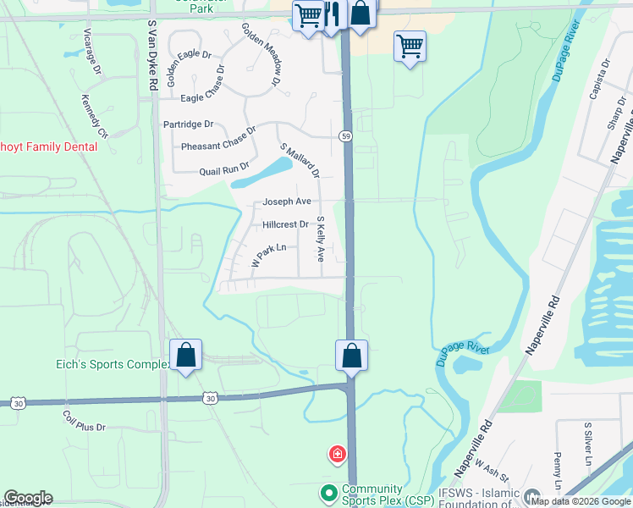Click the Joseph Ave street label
click(x=287, y=202)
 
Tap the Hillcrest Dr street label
click(x=285, y=225)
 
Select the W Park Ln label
click(x=274, y=256)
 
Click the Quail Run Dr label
click(x=224, y=169)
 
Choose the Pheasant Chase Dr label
click(x=218, y=140)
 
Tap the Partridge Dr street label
click(x=188, y=124)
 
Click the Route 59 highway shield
click(x=346, y=135)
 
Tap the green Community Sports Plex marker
click(x=328, y=491)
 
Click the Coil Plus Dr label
click(x=85, y=422)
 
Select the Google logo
click(x=28, y=498)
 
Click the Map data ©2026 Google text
click(x=581, y=500)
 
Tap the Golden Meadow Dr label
click(x=261, y=54)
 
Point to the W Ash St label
click(x=490, y=470)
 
